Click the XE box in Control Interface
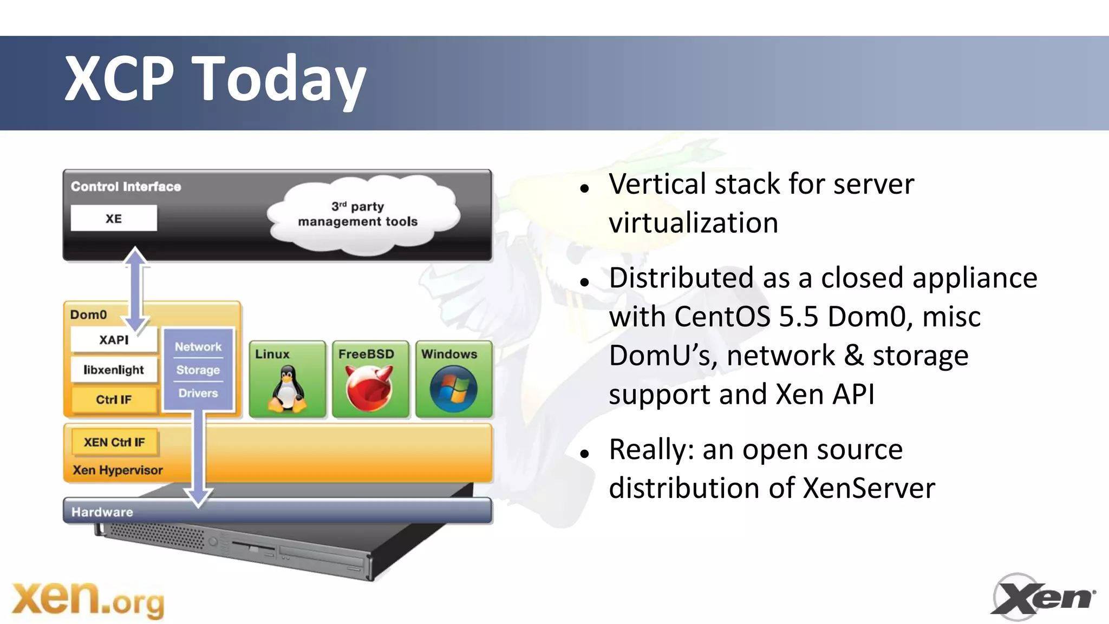click(114, 218)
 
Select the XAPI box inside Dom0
click(114, 340)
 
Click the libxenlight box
click(114, 370)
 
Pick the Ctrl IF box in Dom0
click(114, 399)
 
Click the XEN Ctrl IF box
click(114, 442)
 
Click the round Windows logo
click(453, 388)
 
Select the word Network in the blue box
click(198, 346)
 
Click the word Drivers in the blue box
click(198, 393)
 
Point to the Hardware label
click(102, 512)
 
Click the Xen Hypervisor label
click(118, 470)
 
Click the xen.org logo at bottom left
click(88, 600)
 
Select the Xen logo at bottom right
click(1042, 597)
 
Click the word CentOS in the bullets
click(722, 317)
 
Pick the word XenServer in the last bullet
click(869, 488)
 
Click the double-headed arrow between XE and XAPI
click(135, 289)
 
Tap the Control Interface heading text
click(126, 187)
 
